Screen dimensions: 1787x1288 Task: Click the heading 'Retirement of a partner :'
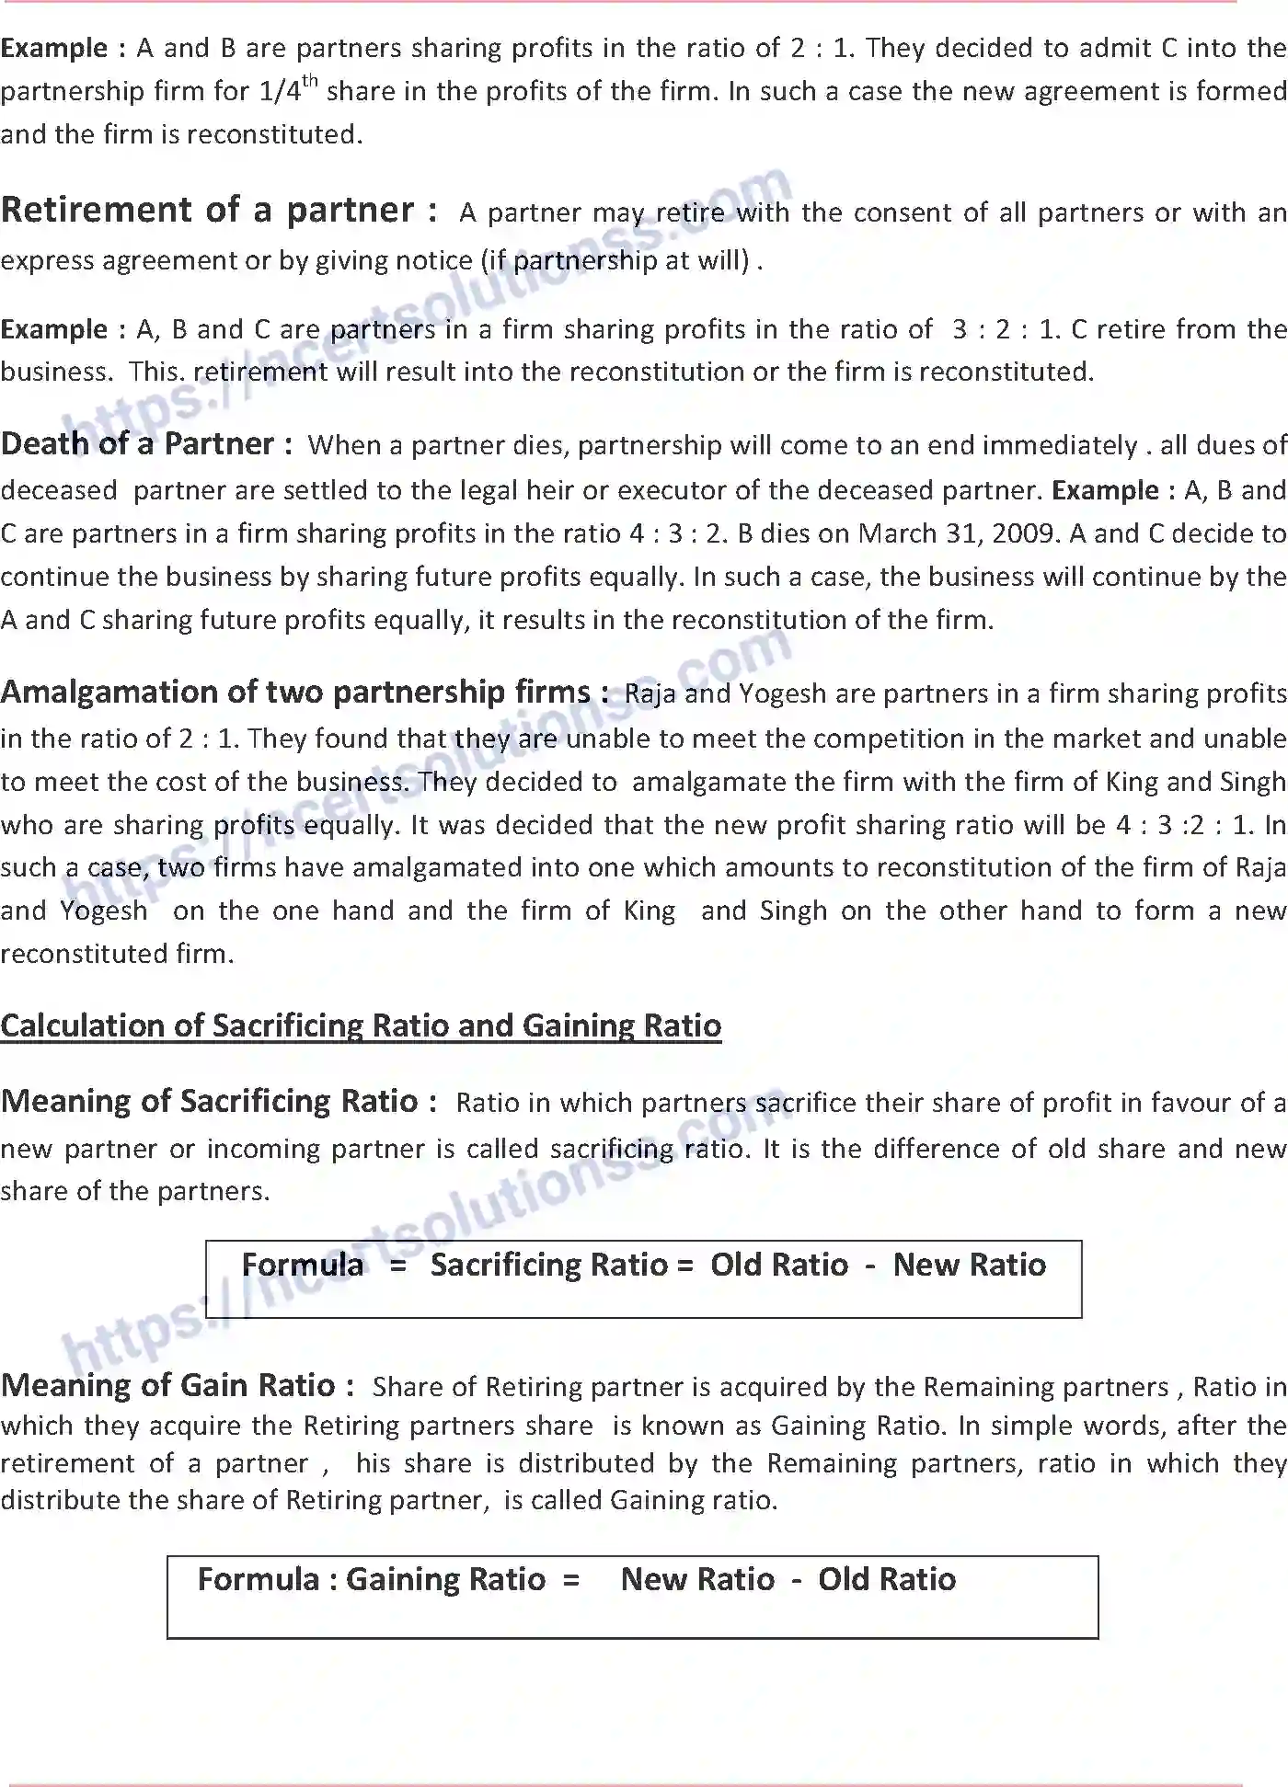219,211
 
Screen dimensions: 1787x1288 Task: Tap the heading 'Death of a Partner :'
146,444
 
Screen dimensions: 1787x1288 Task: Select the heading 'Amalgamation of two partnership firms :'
304,692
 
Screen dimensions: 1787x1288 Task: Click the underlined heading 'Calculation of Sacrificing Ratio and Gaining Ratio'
361,1025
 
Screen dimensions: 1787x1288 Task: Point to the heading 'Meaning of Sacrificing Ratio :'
219,1101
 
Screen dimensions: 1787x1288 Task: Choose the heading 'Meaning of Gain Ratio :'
178,1385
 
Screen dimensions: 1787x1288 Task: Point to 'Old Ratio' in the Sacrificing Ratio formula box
778,1266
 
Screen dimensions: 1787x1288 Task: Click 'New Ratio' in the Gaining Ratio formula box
697,1580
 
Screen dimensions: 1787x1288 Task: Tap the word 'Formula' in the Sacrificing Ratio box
303,1266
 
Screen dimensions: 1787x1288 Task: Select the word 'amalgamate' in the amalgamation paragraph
709,782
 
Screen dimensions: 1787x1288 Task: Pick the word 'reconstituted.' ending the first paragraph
273,134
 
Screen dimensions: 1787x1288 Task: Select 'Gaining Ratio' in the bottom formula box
445,1580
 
